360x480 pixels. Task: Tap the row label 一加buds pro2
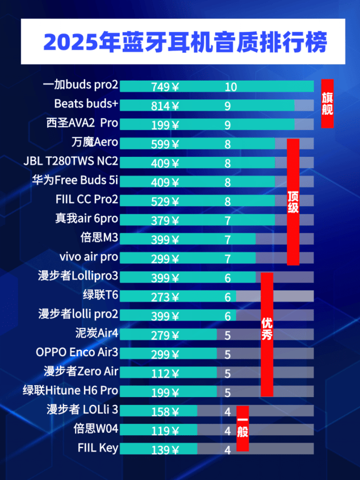(81, 86)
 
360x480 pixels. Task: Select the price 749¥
(165, 87)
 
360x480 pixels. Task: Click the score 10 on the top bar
(231, 87)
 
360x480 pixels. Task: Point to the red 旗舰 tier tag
(327, 103)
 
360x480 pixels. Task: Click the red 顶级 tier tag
(293, 202)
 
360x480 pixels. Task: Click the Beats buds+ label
(86, 105)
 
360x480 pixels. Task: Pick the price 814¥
(165, 106)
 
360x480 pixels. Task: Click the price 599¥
(165, 144)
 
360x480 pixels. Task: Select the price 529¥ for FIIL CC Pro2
(165, 201)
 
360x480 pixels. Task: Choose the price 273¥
(165, 297)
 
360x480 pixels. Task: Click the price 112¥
(165, 373)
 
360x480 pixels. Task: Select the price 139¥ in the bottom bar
(165, 449)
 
